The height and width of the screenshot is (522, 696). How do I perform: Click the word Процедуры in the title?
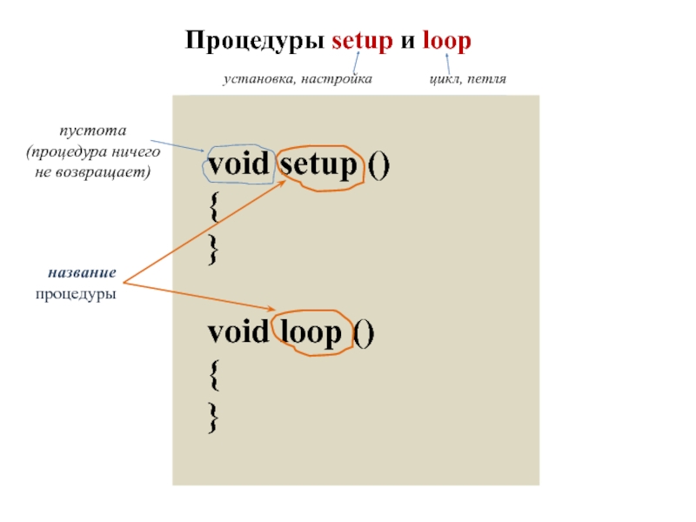[x=255, y=42]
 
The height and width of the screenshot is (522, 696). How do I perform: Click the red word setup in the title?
[x=364, y=42]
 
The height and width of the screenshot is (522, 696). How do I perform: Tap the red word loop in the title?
[x=445, y=42]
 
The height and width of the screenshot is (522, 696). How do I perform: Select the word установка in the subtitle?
[x=256, y=79]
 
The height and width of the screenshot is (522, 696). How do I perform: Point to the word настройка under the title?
[x=335, y=79]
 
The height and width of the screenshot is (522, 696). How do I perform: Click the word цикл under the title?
[x=443, y=79]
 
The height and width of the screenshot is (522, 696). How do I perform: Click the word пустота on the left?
[x=93, y=131]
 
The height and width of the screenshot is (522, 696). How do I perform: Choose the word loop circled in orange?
[x=310, y=333]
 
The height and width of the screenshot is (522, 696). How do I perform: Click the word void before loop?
[x=238, y=333]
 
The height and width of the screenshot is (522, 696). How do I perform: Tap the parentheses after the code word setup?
[x=378, y=165]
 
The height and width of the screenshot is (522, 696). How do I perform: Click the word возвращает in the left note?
[x=103, y=171]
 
